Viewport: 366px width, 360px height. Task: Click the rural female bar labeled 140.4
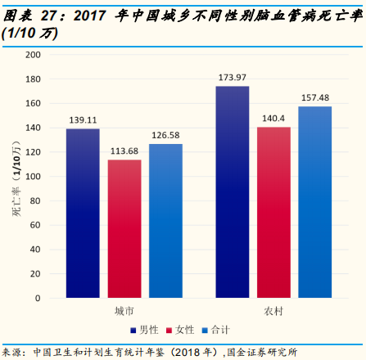(x=273, y=212)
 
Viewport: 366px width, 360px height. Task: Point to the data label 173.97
(x=233, y=78)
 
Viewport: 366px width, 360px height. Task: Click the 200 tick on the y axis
(x=32, y=55)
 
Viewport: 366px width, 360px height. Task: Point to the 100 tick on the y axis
(x=32, y=177)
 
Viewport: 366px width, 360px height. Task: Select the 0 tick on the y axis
(x=37, y=299)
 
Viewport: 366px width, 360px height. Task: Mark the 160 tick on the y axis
(x=32, y=104)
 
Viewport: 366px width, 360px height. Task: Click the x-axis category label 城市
(x=124, y=313)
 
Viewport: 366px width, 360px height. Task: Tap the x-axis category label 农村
(x=273, y=313)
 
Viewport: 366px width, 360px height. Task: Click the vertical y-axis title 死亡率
(x=14, y=176)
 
